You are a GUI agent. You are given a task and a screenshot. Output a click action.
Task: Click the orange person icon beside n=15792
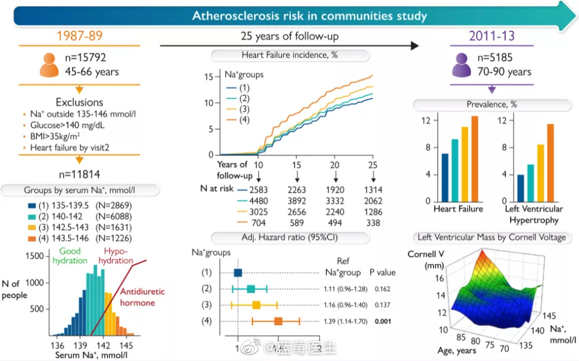coord(50,65)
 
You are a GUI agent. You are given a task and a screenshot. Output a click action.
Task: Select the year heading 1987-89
coord(79,35)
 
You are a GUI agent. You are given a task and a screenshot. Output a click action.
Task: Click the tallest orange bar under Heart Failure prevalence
coord(474,159)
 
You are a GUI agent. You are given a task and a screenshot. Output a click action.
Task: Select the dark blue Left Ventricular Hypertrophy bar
coord(520,188)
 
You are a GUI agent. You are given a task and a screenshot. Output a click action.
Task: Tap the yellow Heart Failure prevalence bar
coord(465,164)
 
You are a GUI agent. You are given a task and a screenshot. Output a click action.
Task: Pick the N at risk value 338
coord(373,223)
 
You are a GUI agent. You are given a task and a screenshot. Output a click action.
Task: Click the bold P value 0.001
coord(382,320)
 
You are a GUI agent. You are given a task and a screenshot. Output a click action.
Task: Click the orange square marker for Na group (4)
coord(278,320)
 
